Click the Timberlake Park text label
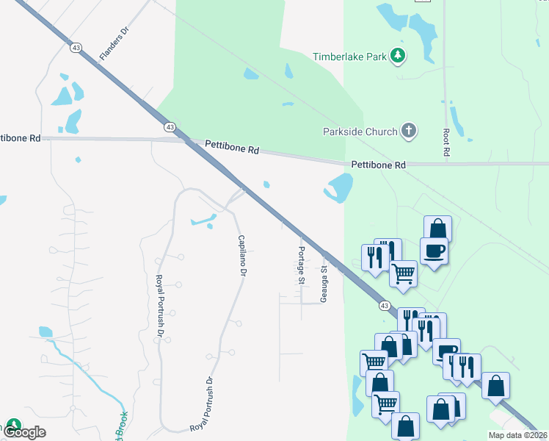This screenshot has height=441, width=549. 349,57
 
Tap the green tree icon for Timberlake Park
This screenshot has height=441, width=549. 398,55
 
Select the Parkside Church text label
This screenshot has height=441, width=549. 359,132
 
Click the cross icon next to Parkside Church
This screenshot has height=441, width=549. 409,132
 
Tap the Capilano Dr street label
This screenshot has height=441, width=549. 241,254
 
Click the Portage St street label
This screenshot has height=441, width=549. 301,265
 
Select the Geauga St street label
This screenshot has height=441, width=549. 324,284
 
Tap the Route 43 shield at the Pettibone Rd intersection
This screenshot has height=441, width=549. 170,128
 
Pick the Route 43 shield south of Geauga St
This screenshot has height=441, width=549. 384,305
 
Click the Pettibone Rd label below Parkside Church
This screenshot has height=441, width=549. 378,165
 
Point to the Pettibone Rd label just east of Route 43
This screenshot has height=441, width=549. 232,148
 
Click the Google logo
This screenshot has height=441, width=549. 25,431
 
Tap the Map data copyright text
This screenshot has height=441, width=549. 516,435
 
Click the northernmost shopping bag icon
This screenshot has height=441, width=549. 437,227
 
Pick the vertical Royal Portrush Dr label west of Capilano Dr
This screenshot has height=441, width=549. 159,306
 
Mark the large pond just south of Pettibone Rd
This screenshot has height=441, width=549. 338,188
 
